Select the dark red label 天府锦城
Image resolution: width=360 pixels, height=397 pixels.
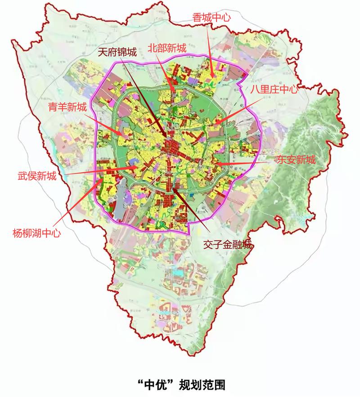(117, 53)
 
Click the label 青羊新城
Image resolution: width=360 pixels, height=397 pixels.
(67, 107)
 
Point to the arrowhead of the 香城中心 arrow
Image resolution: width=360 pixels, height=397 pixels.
(213, 77)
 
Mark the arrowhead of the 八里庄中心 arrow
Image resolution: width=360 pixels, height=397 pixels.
(215, 123)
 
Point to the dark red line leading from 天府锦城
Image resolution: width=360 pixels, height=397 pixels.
(144, 99)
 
